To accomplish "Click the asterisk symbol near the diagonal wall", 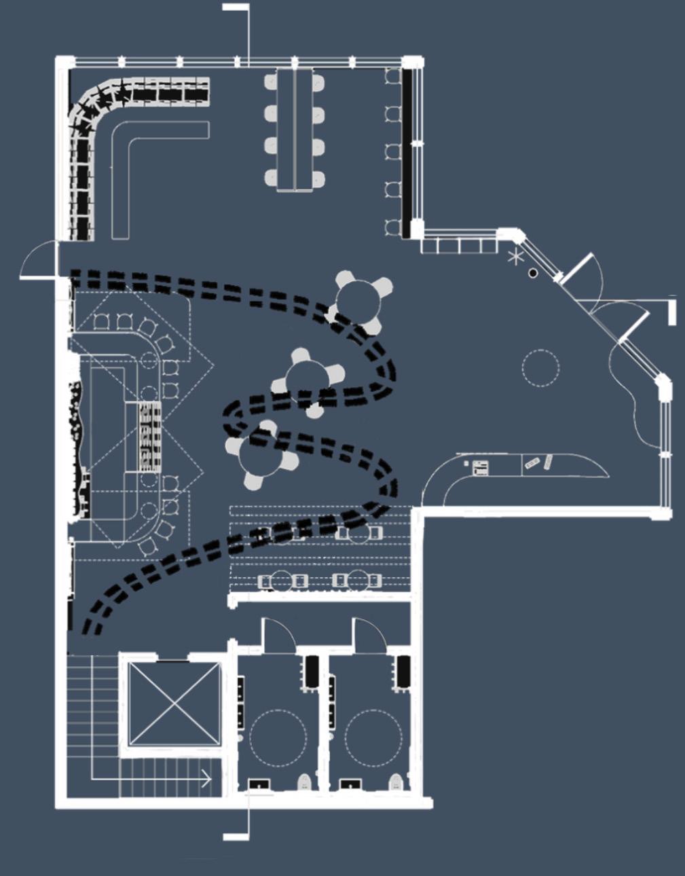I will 517,257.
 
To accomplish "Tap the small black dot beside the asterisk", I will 533,273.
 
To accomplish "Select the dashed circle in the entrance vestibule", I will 541,367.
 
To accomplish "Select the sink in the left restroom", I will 258,784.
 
